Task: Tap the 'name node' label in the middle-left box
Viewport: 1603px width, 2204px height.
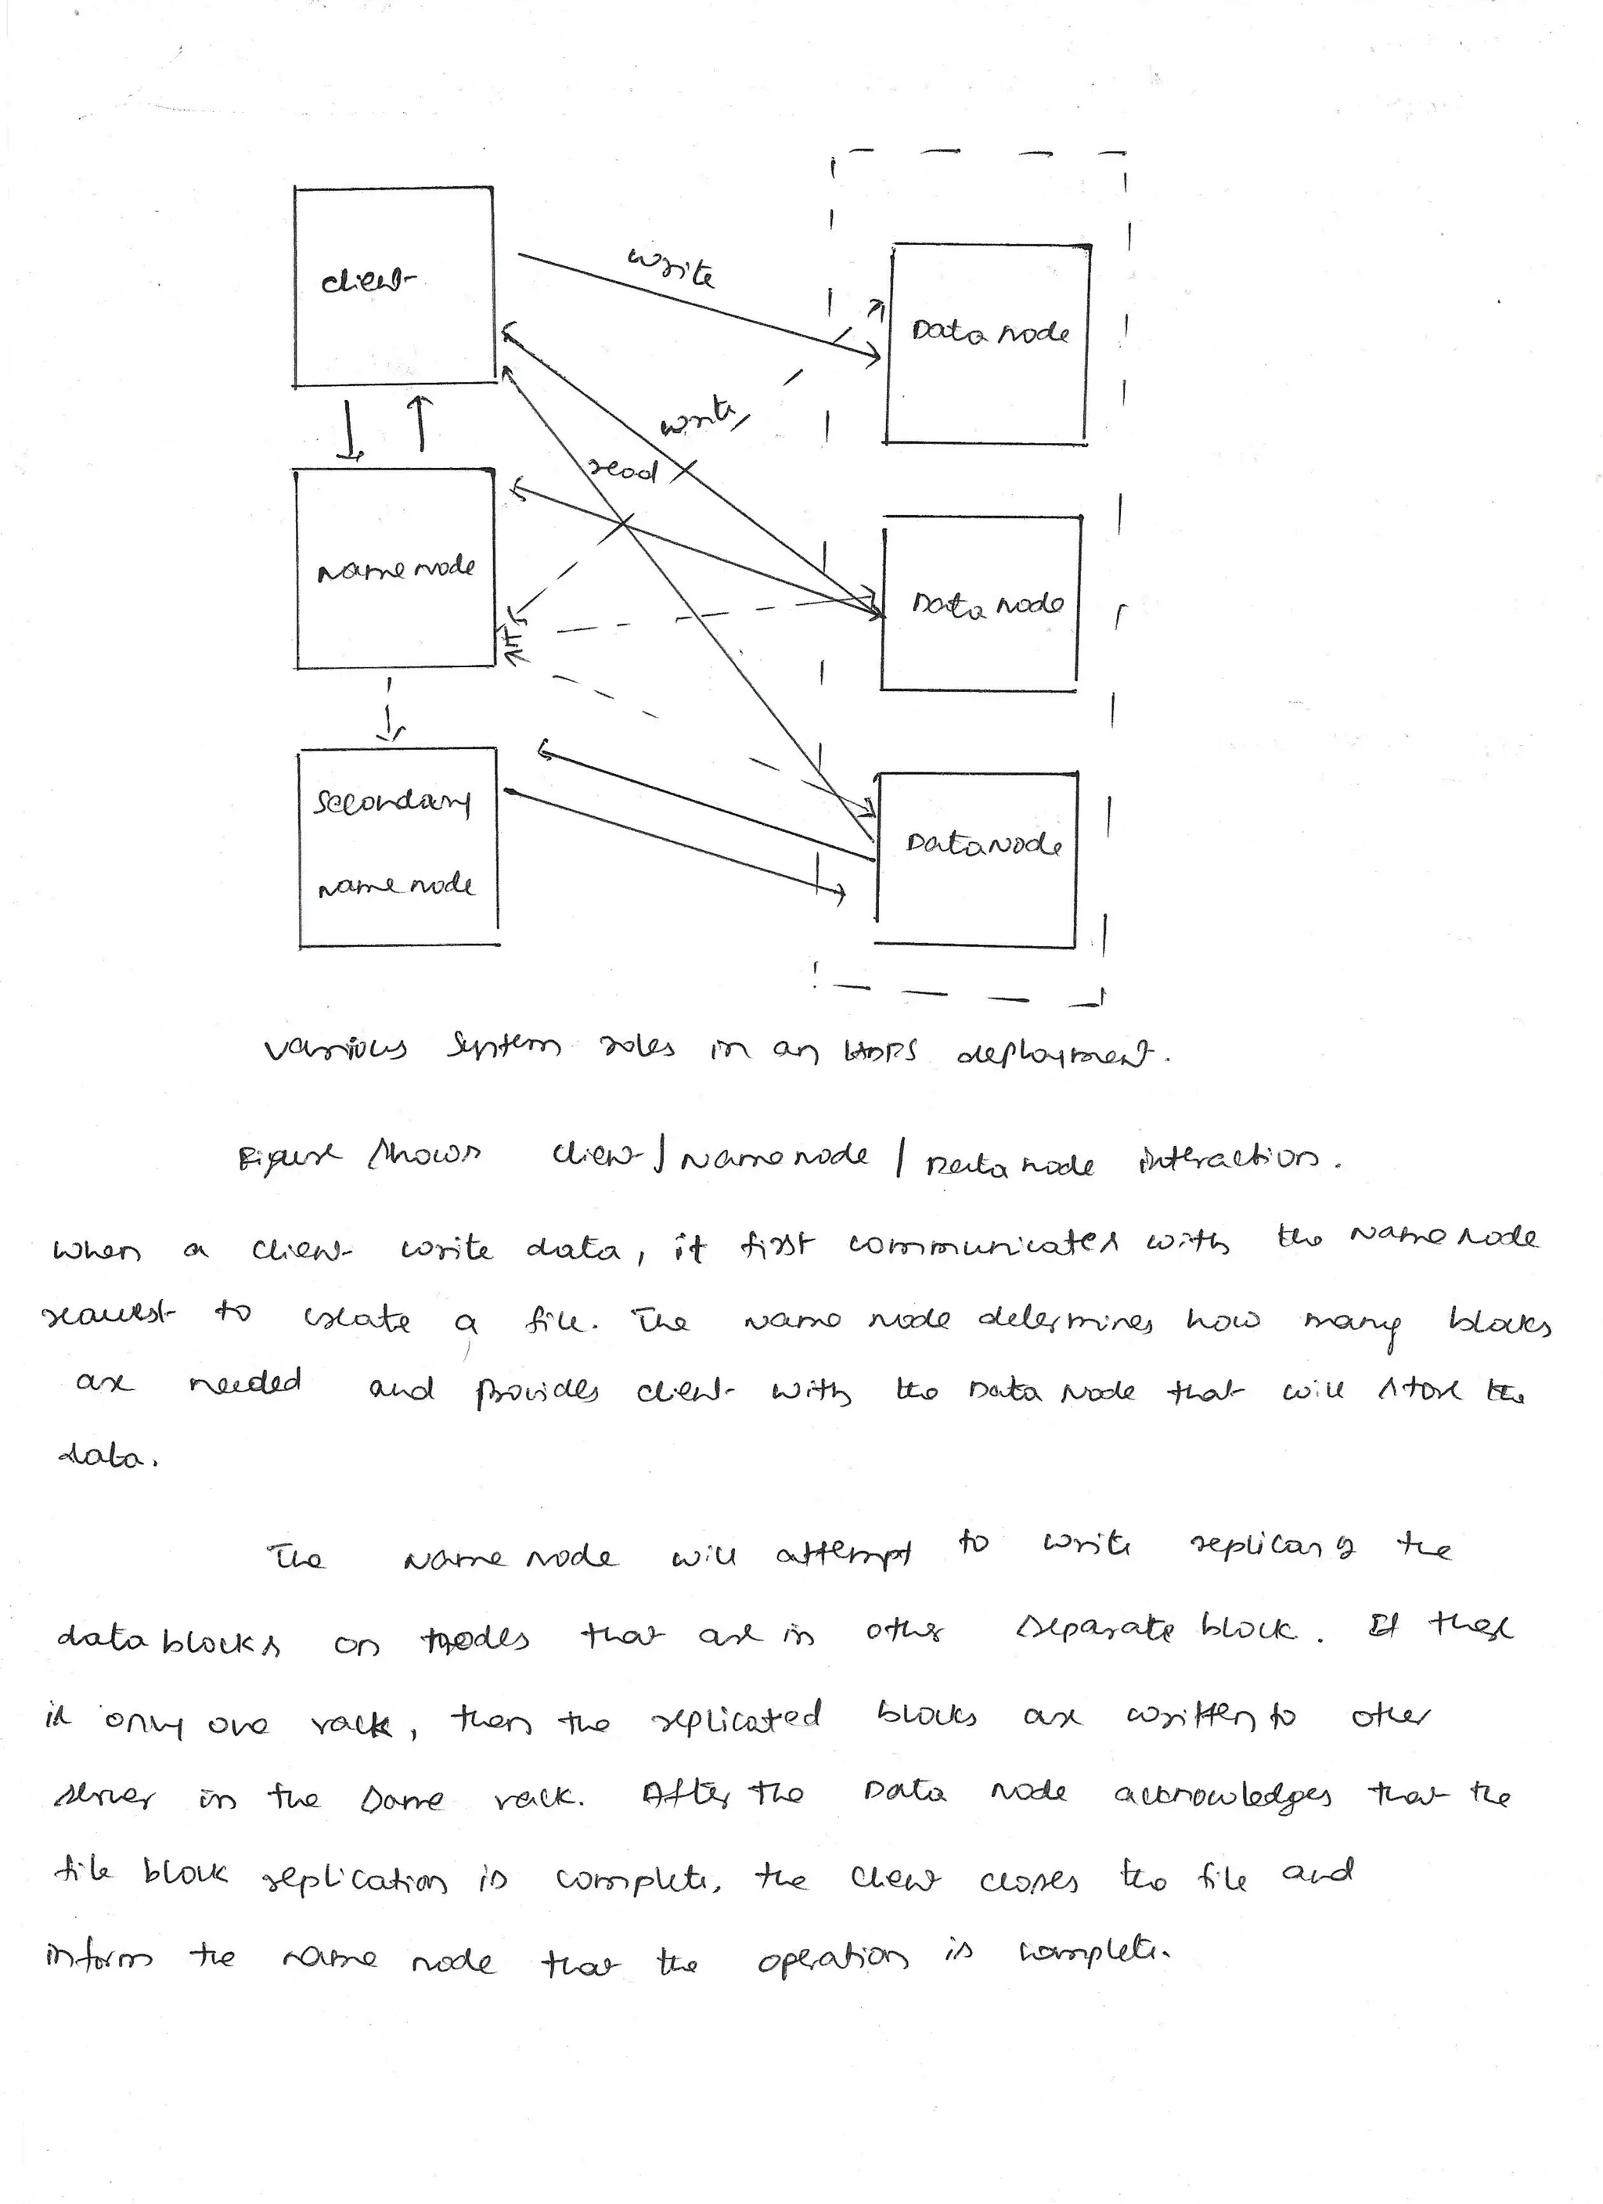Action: (397, 570)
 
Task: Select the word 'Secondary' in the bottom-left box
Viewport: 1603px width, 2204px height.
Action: (392, 803)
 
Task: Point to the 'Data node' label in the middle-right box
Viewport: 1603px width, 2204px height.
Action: (987, 604)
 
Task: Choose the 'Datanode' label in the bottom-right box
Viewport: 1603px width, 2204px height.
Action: (983, 844)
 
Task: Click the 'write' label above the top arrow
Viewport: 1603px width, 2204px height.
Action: (672, 267)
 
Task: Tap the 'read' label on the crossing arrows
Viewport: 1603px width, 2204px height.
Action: (623, 470)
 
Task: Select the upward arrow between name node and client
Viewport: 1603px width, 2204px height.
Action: (420, 423)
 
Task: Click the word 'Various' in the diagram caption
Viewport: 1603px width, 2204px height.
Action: (335, 1050)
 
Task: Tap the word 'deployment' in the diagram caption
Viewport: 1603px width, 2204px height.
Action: (1062, 1054)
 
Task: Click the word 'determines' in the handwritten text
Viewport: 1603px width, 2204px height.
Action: (1064, 1320)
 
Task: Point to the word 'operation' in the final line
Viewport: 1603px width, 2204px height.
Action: (832, 1959)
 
